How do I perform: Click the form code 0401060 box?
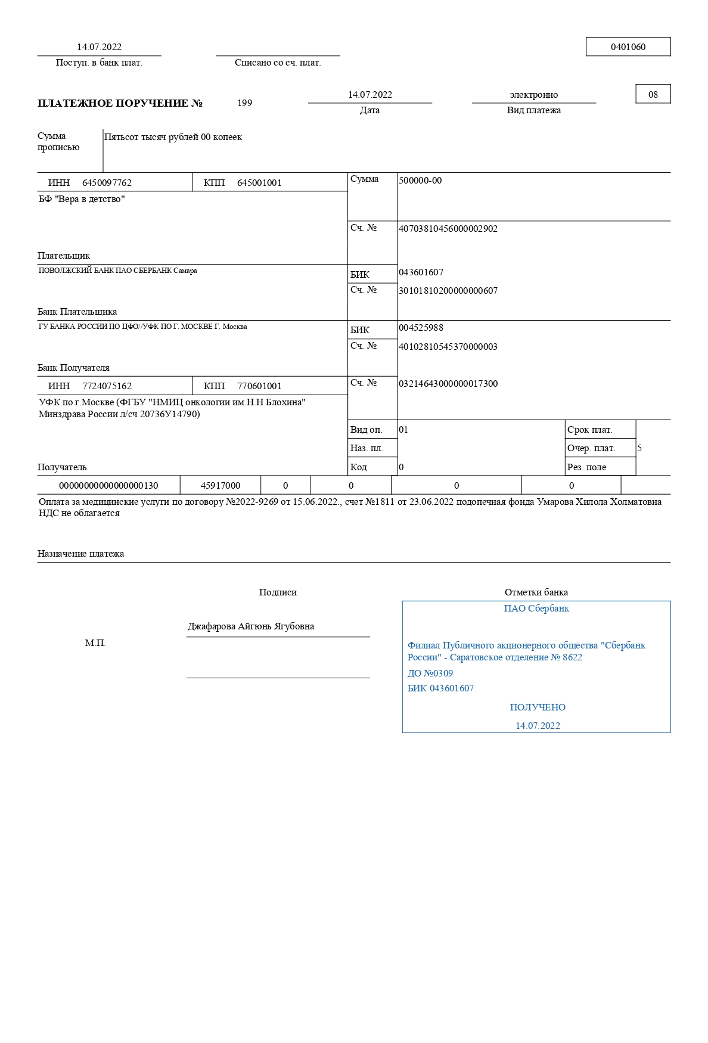pyautogui.click(x=628, y=47)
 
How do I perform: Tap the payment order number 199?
pyautogui.click(x=244, y=103)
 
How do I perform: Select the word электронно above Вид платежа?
pyautogui.click(x=533, y=95)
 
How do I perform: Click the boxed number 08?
pyautogui.click(x=653, y=94)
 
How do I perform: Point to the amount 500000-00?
pyautogui.click(x=420, y=181)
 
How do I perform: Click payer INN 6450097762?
pyautogui.click(x=107, y=183)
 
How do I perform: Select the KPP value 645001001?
pyautogui.click(x=259, y=183)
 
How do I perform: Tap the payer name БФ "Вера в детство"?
pyautogui.click(x=82, y=199)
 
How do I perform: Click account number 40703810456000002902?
pyautogui.click(x=448, y=229)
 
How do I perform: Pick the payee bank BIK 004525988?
pyautogui.click(x=421, y=328)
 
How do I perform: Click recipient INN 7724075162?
pyautogui.click(x=107, y=386)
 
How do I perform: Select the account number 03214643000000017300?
pyautogui.click(x=448, y=384)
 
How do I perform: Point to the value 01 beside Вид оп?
pyautogui.click(x=403, y=430)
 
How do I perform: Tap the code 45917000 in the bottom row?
pyautogui.click(x=221, y=486)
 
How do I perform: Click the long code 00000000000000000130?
pyautogui.click(x=108, y=486)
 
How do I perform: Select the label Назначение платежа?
pyautogui.click(x=80, y=554)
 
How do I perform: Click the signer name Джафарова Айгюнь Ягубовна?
pyautogui.click(x=251, y=626)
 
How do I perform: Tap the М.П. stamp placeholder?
pyautogui.click(x=95, y=643)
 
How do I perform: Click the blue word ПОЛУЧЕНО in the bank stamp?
pyautogui.click(x=538, y=707)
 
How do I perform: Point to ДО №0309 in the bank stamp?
pyautogui.click(x=430, y=673)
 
